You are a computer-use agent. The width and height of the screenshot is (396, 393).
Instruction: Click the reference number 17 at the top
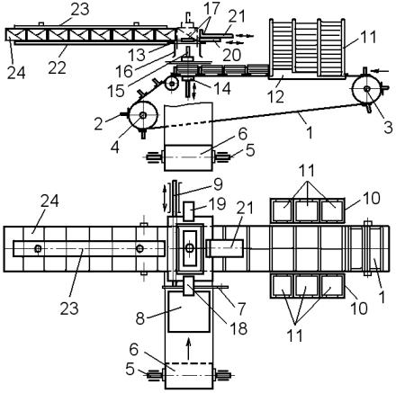[211, 8]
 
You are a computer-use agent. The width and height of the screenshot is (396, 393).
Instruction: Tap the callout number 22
[57, 67]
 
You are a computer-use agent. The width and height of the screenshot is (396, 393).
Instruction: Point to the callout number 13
[137, 55]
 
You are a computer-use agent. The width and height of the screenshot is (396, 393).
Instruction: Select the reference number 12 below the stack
[275, 96]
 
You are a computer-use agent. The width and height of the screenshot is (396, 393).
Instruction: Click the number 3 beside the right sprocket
[388, 128]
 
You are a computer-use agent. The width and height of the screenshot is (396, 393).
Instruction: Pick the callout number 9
[219, 184]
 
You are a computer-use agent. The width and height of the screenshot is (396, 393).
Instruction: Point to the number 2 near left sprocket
[98, 124]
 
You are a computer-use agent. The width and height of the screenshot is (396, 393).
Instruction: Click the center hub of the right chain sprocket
[366, 89]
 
